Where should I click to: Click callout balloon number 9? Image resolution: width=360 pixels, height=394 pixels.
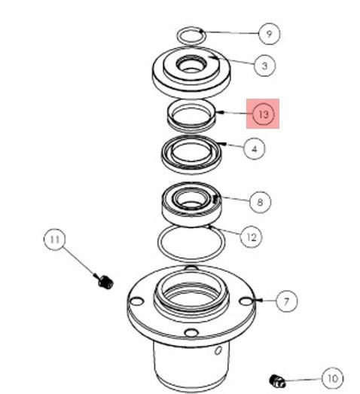(268, 33)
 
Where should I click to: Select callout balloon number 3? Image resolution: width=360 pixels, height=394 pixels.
(264, 66)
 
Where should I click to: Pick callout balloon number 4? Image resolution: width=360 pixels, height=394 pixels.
(255, 148)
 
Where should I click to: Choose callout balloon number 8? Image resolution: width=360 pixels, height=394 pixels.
(260, 202)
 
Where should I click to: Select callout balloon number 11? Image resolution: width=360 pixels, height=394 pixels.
(53, 241)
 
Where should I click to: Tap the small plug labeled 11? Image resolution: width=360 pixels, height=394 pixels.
(105, 283)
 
